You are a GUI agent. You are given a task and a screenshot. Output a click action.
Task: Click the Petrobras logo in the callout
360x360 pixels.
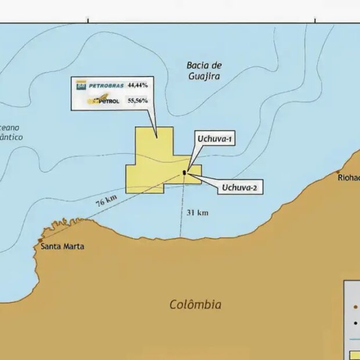pos(99,85)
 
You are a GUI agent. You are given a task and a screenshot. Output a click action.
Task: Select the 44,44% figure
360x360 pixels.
pos(138,85)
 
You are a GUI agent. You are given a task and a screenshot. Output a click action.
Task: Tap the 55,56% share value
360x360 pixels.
pos(138,100)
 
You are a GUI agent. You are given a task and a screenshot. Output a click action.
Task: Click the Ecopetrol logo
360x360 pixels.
pos(103,100)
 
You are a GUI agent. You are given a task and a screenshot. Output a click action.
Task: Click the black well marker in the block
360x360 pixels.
pos(185,172)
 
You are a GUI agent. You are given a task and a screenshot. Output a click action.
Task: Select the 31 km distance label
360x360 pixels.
pos(197,213)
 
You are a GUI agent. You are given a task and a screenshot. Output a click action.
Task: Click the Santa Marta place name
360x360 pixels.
pos(63,247)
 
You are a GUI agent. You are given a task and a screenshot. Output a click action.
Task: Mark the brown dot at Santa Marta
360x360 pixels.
pos(40,240)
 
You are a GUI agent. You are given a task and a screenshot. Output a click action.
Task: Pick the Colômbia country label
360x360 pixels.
pos(195,304)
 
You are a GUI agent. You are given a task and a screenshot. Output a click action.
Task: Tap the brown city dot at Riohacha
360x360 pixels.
pos(339,172)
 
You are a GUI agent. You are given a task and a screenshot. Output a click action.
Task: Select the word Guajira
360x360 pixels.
pos(204,76)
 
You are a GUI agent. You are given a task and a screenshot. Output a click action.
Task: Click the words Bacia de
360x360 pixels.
pos(204,65)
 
